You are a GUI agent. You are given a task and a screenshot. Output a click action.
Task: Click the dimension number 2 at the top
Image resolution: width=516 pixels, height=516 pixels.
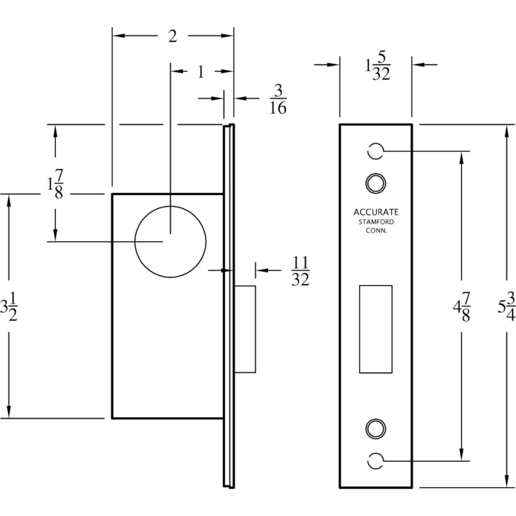pyautogui.click(x=173, y=36)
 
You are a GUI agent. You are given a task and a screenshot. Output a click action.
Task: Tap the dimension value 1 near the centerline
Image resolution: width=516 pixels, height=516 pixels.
pyautogui.click(x=201, y=71)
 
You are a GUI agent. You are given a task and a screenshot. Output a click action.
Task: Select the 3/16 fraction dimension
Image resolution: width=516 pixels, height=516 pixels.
pyautogui.click(x=278, y=100)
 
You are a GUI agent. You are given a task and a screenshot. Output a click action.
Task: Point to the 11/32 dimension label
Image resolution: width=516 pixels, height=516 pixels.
pyautogui.click(x=300, y=271)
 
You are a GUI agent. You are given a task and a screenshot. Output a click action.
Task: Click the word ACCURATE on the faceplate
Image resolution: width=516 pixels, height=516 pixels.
pyautogui.click(x=376, y=212)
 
